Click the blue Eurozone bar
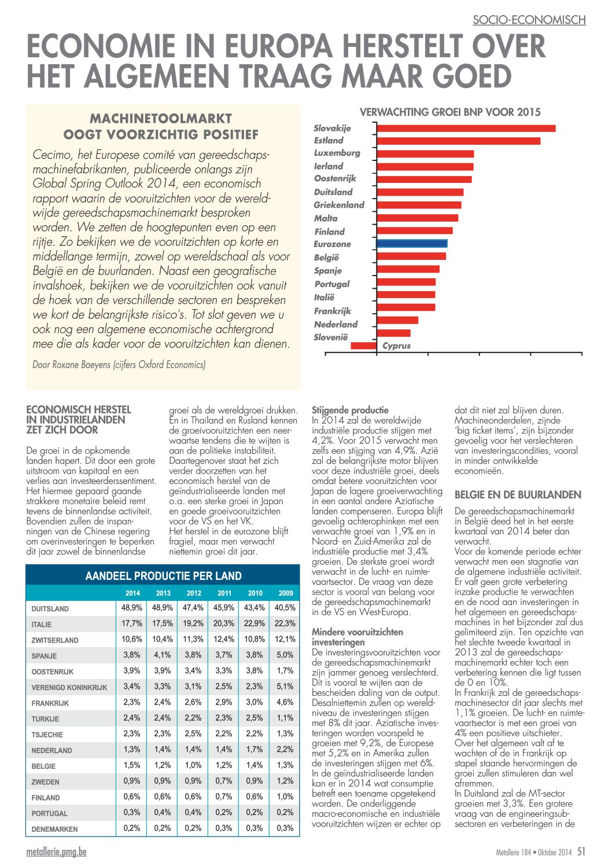[x=411, y=244]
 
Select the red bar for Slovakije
[x=466, y=129]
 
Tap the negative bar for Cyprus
[x=363, y=346]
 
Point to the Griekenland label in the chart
[x=339, y=205]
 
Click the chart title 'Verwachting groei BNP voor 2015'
[x=449, y=112]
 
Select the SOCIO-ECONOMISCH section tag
[x=529, y=20]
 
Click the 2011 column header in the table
[x=224, y=593]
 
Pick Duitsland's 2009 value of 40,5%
[x=285, y=608]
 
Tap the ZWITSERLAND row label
[x=55, y=640]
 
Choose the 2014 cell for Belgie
[x=132, y=765]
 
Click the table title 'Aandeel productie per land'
[x=163, y=576]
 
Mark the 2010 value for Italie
[x=254, y=623]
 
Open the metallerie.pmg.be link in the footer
[x=57, y=852]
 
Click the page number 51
[x=581, y=851]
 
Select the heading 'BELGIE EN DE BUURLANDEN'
[x=518, y=495]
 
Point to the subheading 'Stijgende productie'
[x=350, y=410]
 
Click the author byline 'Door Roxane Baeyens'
[x=72, y=365]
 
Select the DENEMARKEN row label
[x=54, y=829]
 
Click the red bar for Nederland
[x=397, y=320]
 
